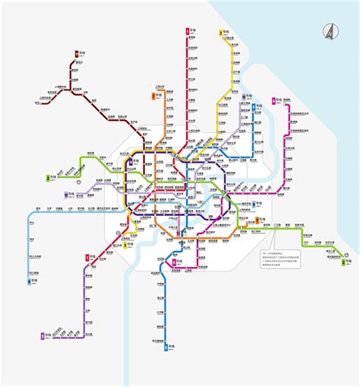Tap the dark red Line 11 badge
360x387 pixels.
click(x=78, y=53)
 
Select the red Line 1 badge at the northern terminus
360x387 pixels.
click(x=187, y=31)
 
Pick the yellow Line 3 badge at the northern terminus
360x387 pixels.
click(x=220, y=33)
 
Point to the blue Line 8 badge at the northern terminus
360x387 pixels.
click(x=242, y=97)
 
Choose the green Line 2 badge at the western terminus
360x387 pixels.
click(x=48, y=178)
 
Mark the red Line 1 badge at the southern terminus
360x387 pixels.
click(x=87, y=257)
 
